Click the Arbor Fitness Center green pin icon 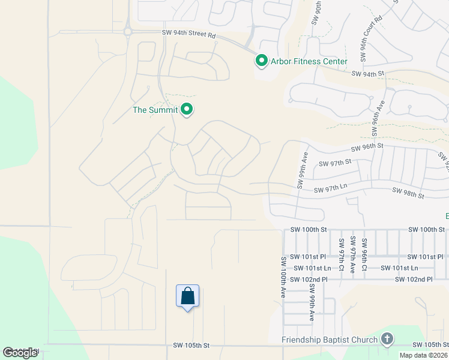click(261, 61)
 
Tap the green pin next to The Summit click(187, 110)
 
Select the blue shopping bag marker click(187, 296)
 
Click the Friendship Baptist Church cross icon click(387, 340)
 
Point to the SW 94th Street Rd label click(188, 35)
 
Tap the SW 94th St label click(368, 74)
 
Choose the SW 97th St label click(334, 163)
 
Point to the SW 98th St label click(408, 193)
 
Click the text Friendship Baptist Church click(330, 340)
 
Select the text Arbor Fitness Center click(309, 62)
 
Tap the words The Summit click(155, 110)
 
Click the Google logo click(20, 353)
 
